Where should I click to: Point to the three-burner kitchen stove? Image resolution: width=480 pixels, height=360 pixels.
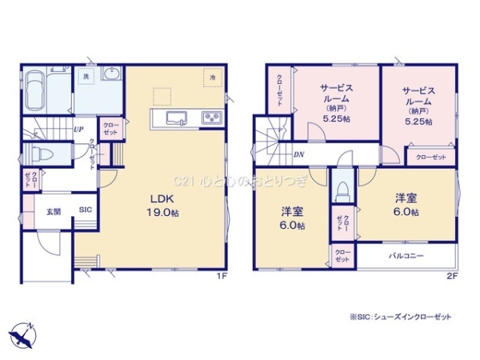(212, 118)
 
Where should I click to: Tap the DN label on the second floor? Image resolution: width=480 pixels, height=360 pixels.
(298, 154)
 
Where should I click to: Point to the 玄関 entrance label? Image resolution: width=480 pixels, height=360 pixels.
(53, 211)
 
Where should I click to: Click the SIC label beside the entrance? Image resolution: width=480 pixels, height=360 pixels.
(84, 211)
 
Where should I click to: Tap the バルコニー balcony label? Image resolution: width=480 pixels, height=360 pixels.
(406, 256)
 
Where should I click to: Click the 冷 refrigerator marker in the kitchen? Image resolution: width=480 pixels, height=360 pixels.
(214, 76)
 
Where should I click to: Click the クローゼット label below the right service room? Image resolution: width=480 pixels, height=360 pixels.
(431, 157)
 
